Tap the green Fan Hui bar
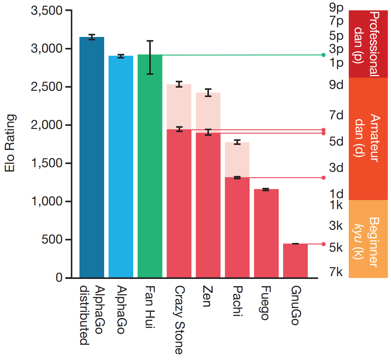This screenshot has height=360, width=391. (150, 166)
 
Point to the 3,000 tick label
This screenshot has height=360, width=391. (47, 49)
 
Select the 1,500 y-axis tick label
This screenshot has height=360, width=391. (47, 163)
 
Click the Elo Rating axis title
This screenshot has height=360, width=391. (10, 143)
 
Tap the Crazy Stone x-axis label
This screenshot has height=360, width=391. (180, 320)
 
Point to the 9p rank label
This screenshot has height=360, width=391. (336, 7)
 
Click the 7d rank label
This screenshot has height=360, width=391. (336, 115)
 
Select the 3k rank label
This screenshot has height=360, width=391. (336, 225)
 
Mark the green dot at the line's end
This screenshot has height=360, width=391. (323, 55)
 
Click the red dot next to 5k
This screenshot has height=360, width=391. (323, 244)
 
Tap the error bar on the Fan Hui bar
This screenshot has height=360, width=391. (150, 57)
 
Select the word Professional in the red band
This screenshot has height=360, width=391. (374, 44)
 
